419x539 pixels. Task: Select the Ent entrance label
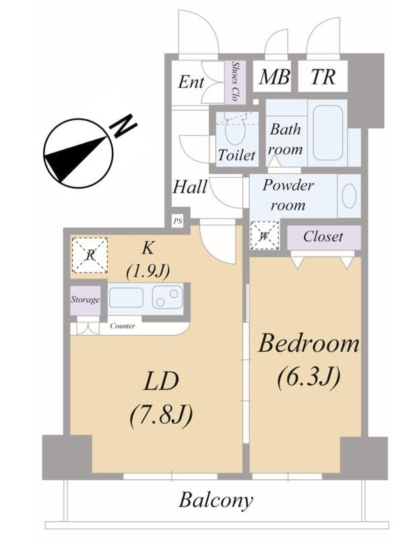191,82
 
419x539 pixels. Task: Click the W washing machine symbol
263,235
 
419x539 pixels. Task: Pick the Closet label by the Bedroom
323,236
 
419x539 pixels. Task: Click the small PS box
177,220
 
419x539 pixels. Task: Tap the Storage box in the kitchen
86,300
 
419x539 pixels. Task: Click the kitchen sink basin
126,297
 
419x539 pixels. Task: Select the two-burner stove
167,296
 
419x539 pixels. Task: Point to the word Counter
122,326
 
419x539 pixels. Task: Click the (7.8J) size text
161,414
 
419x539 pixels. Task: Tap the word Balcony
216,501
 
